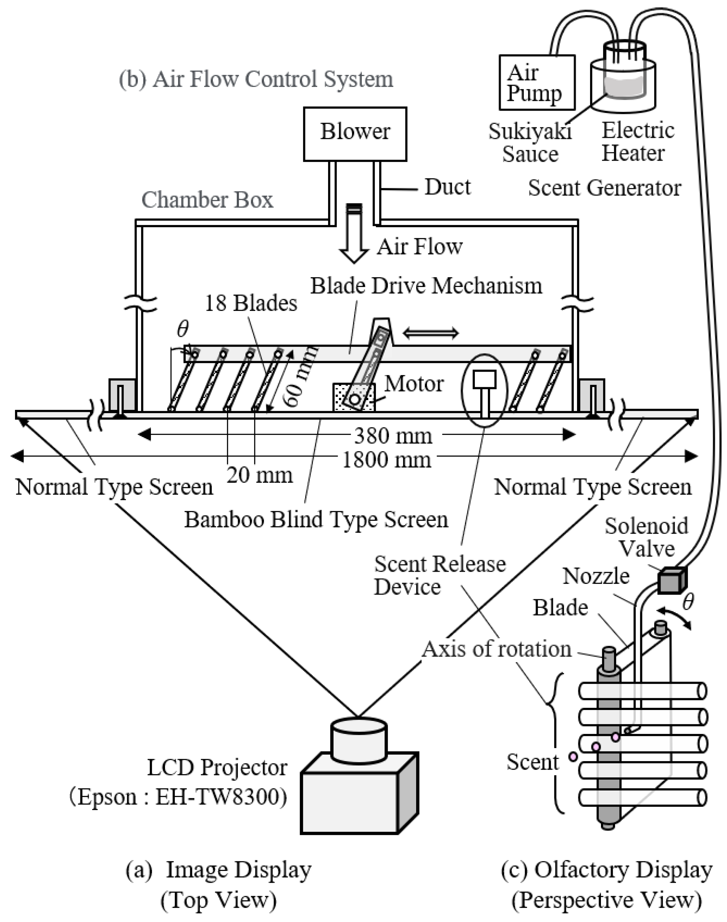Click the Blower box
click(x=355, y=134)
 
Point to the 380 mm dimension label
click(x=393, y=435)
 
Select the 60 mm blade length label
click(x=301, y=375)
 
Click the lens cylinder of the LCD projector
click(x=358, y=740)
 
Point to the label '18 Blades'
click(x=251, y=304)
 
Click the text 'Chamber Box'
click(x=207, y=200)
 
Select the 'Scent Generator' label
click(x=604, y=188)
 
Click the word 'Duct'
click(x=447, y=187)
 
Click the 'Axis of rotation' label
click(x=496, y=649)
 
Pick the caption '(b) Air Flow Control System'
click(x=256, y=79)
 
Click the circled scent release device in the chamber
click(x=484, y=391)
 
